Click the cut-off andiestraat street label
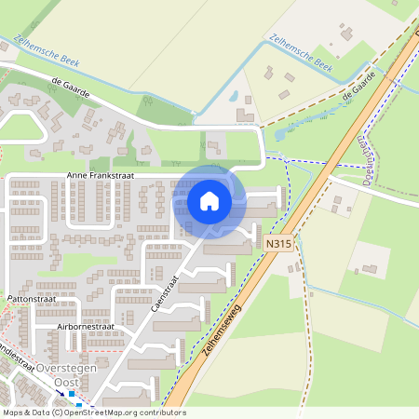click(x=17, y=358)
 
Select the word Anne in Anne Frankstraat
click(x=76, y=175)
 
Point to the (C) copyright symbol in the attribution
click(x=57, y=412)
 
